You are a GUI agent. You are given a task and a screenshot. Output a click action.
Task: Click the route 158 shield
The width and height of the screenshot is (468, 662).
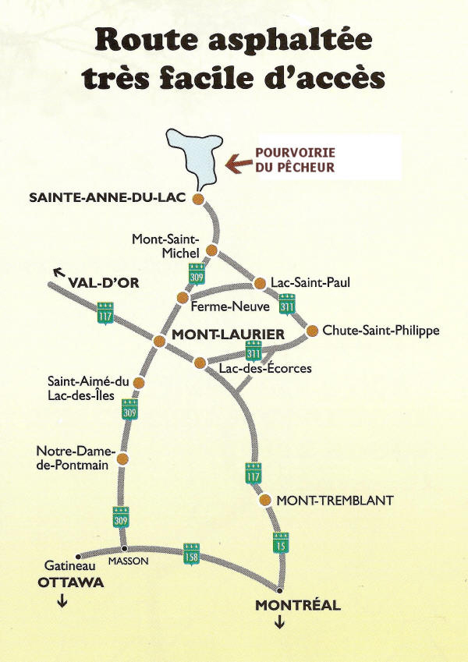pyautogui.click(x=191, y=553)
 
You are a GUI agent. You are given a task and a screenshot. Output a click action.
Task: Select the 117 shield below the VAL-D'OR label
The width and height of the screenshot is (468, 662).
pyautogui.click(x=105, y=312)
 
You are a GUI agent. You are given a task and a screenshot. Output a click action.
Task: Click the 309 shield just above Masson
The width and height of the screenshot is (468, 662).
pyautogui.click(x=121, y=516)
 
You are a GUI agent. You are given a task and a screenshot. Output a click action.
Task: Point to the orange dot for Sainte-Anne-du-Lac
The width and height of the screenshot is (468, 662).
pyautogui.click(x=198, y=199)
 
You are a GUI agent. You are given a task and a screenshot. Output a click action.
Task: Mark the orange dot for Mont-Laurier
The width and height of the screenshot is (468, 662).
pyautogui.click(x=158, y=341)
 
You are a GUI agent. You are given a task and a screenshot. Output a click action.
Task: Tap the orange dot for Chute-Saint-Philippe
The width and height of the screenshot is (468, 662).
pyautogui.click(x=312, y=331)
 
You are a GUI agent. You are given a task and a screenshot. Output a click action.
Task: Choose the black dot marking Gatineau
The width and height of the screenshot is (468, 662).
pyautogui.click(x=77, y=557)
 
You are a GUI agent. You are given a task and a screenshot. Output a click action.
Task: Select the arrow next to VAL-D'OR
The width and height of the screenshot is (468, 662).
pyautogui.click(x=57, y=272)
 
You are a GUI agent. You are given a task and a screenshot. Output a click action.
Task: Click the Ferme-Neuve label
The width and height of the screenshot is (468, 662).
pyautogui.click(x=220, y=306)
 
